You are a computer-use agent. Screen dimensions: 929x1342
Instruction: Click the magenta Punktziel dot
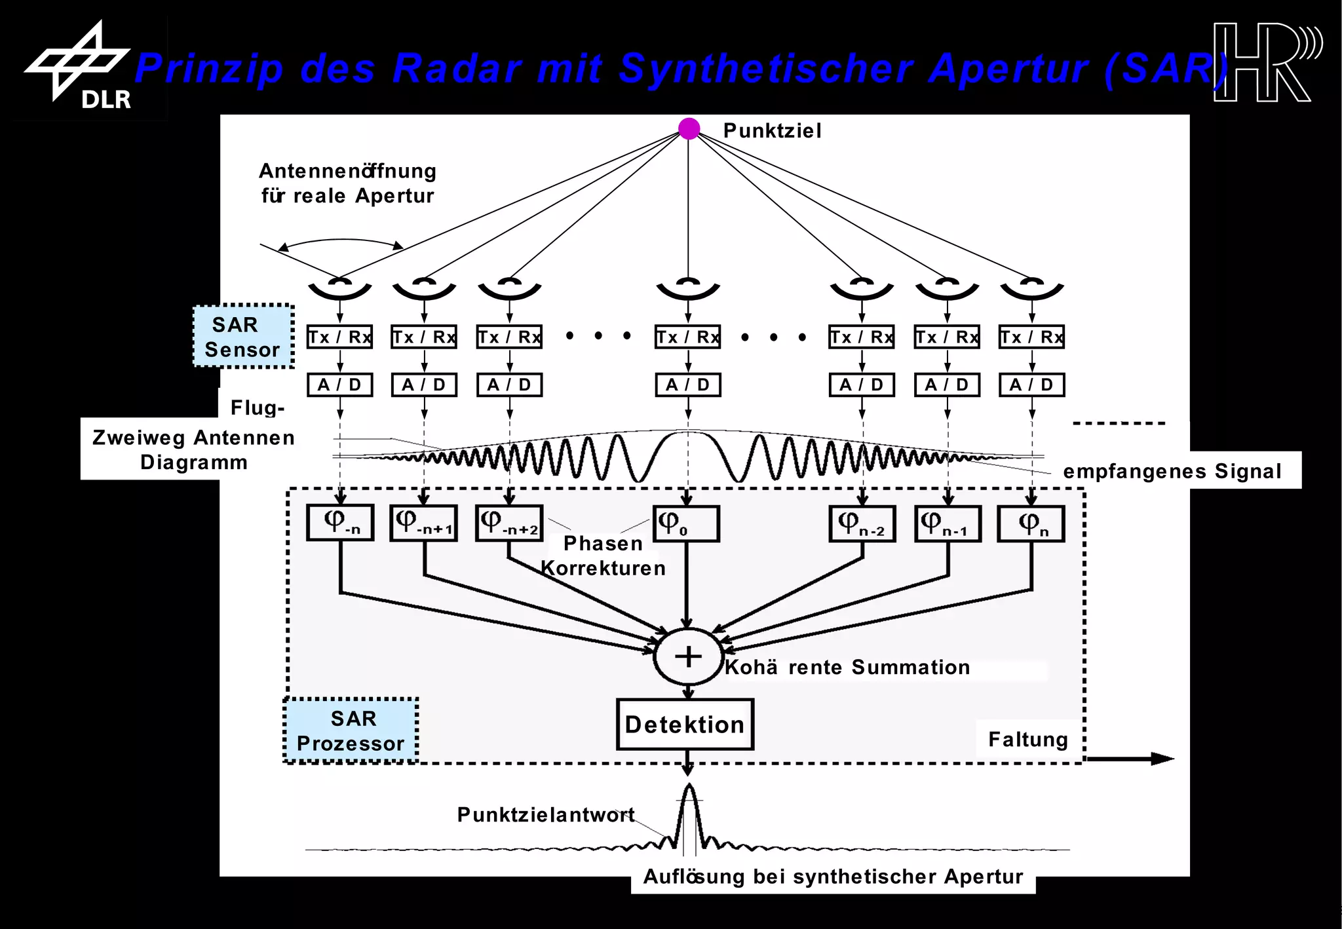click(x=689, y=128)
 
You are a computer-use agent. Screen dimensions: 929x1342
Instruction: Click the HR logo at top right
click(x=1265, y=63)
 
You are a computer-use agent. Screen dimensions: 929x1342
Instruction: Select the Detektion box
click(x=685, y=724)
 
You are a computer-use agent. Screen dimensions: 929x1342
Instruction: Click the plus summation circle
click(x=688, y=656)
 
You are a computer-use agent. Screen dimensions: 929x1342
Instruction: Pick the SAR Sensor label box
click(x=243, y=337)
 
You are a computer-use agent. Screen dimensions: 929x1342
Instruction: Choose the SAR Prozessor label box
click(x=351, y=730)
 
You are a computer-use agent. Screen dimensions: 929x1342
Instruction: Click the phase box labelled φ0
click(x=686, y=523)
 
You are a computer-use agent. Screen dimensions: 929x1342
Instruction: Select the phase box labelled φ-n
click(x=340, y=522)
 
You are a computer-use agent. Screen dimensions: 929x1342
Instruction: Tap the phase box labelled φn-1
click(x=948, y=523)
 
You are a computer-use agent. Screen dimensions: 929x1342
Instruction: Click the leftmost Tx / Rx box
click(x=340, y=337)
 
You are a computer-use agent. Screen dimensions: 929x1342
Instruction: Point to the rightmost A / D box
click(x=1031, y=385)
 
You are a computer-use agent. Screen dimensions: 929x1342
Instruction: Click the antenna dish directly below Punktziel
click(x=688, y=288)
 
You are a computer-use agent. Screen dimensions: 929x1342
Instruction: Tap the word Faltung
click(x=1027, y=739)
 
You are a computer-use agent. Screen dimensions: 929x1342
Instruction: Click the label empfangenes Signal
click(x=1172, y=470)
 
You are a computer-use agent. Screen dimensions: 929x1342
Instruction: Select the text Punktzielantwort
click(x=546, y=814)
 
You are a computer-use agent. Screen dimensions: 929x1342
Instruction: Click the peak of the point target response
click(x=689, y=787)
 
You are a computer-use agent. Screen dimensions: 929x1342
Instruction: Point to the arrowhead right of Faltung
click(x=1162, y=759)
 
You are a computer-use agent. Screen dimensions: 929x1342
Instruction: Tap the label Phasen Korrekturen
click(x=603, y=556)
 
